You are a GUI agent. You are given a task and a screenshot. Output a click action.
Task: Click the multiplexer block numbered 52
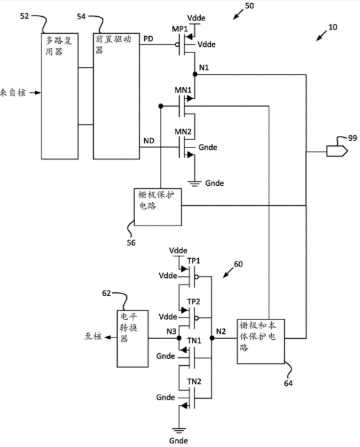tap(59, 96)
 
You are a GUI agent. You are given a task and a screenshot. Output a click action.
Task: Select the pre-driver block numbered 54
tap(117, 96)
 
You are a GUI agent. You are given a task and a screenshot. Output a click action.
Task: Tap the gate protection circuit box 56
tap(158, 207)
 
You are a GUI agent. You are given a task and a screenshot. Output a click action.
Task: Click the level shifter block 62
tap(133, 338)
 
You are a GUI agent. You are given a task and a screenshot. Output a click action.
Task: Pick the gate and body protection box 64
tap(261, 342)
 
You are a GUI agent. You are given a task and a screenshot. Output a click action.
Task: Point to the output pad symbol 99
tap(337, 151)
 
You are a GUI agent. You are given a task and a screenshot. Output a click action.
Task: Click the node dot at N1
tap(195, 75)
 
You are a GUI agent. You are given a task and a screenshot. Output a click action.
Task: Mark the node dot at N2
tap(212, 338)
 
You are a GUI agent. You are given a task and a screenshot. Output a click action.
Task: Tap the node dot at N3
tap(179, 338)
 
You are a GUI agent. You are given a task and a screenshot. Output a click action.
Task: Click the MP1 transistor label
tap(180, 29)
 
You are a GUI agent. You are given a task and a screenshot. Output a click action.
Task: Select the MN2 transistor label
tap(183, 132)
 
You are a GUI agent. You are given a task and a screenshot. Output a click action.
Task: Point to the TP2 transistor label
tap(194, 301)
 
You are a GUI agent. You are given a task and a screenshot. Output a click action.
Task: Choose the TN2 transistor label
tap(194, 381)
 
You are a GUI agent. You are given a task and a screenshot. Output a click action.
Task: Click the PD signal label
tap(148, 39)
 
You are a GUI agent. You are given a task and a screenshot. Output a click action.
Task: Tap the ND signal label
tap(148, 141)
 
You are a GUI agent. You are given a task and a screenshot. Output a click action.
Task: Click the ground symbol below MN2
tap(195, 183)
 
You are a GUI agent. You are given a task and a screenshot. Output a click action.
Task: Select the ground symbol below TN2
tap(179, 431)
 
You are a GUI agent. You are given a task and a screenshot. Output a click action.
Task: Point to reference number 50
tap(249, 6)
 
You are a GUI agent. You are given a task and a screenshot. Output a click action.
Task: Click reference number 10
tap(333, 27)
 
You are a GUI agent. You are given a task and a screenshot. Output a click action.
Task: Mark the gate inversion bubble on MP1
tap(177, 45)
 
